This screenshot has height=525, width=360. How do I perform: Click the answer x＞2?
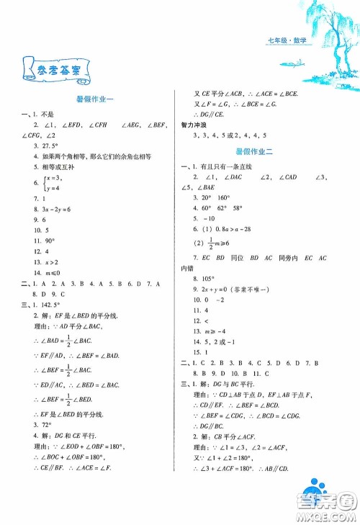(45, 263)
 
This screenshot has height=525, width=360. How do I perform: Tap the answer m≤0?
(45, 274)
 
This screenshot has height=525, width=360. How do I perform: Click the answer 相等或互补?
(53, 166)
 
